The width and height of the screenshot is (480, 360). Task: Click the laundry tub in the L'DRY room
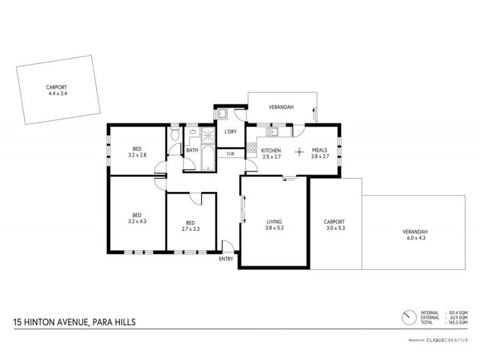(x=221, y=113)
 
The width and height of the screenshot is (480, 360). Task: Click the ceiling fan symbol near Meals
(x=298, y=152)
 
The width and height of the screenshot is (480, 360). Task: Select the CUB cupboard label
(x=230, y=154)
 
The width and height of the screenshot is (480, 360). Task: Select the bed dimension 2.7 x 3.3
(x=190, y=229)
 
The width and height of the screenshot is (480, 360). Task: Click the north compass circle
(x=409, y=316)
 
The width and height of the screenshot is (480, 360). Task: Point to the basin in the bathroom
(x=193, y=133)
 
